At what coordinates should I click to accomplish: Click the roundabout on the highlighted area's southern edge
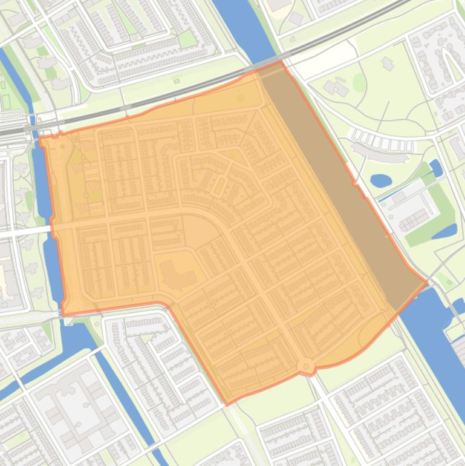[306, 366]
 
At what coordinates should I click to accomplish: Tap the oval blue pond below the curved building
[380, 180]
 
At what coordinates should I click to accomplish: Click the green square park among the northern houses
[187, 39]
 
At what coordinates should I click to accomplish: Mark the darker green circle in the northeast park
[359, 82]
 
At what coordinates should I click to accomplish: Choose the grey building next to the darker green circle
[336, 88]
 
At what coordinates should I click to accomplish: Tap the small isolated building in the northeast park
[387, 63]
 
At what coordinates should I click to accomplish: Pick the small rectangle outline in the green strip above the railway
[177, 81]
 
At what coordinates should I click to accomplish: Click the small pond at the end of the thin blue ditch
[436, 168]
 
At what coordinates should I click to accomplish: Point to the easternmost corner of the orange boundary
[427, 281]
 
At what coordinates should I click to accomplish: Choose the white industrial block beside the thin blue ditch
[408, 209]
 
